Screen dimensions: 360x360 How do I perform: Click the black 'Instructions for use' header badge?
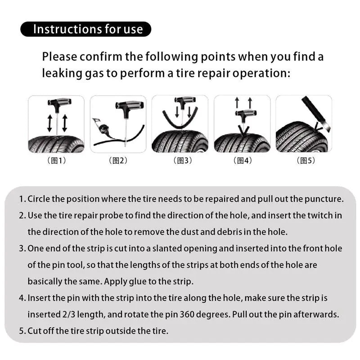(x=85, y=29)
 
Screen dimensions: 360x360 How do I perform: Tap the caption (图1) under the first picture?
(x=56, y=161)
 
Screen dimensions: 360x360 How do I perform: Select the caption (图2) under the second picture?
(x=118, y=161)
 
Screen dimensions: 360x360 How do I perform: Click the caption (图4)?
(x=242, y=161)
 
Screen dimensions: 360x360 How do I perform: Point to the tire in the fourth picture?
(x=242, y=143)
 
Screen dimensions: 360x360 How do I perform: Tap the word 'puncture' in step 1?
(x=328, y=199)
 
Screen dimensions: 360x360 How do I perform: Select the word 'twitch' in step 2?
(x=316, y=216)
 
